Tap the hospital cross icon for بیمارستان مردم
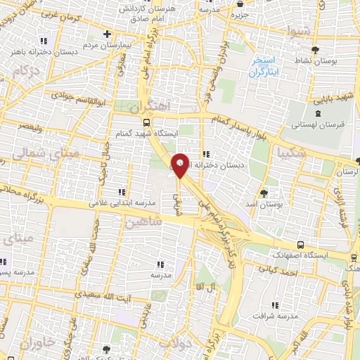(x=107, y=33)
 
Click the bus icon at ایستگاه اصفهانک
(x=301, y=245)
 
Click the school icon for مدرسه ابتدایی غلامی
(x=122, y=191)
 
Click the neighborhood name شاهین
(x=143, y=222)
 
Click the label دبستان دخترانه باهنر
(x=39, y=51)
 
